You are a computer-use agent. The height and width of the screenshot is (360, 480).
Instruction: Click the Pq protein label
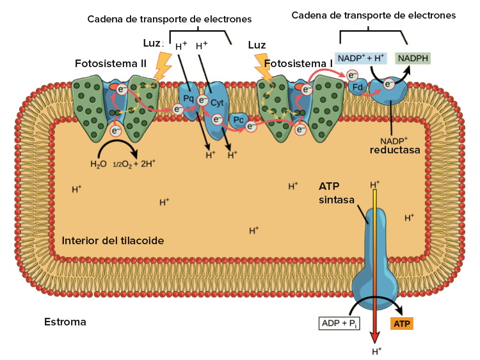(x=189, y=98)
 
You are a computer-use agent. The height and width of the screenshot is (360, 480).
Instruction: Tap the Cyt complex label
(x=217, y=103)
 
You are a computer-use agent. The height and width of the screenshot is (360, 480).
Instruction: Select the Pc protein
(x=238, y=120)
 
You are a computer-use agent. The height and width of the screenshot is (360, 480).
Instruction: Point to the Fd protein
(x=357, y=88)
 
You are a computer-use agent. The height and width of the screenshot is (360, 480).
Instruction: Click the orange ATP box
(x=402, y=324)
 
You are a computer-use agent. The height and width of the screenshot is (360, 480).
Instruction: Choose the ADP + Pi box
(x=339, y=324)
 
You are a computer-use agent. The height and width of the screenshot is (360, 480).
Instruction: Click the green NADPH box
(x=413, y=58)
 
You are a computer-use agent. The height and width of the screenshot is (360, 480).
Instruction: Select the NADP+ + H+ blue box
(x=361, y=58)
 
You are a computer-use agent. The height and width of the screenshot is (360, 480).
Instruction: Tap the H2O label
(x=99, y=164)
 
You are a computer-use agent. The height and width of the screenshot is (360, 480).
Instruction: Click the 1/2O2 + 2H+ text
(x=134, y=164)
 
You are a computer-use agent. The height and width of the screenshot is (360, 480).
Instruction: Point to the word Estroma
(x=65, y=322)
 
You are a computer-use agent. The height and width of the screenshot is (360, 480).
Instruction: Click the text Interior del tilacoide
(x=113, y=240)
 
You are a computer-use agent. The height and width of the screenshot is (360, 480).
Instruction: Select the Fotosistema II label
(x=111, y=63)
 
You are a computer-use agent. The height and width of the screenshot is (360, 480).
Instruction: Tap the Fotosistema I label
(x=298, y=63)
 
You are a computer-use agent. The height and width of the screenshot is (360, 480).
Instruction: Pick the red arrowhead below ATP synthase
(x=374, y=338)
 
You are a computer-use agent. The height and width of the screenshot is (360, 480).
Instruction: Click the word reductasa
(x=395, y=150)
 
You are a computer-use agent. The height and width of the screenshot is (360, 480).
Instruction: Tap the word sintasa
(x=337, y=200)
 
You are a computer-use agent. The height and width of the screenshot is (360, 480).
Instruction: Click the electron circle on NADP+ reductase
(x=388, y=84)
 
